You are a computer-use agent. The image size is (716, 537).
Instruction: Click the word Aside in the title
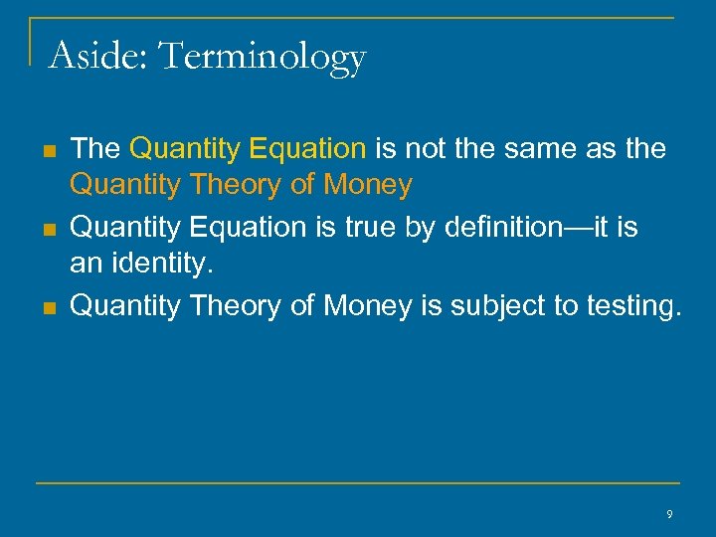tap(94, 56)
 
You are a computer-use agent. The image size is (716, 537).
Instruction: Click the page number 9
tap(669, 514)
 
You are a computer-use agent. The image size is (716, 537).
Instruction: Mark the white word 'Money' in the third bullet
tap(367, 306)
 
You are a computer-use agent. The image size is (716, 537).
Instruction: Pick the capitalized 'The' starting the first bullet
tap(95, 149)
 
